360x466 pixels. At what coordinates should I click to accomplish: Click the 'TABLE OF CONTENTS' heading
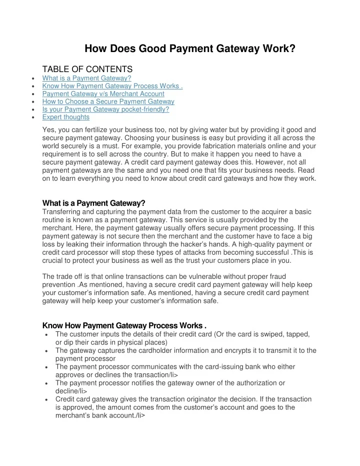pos(87,69)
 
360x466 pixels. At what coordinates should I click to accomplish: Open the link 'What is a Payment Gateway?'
pos(86,78)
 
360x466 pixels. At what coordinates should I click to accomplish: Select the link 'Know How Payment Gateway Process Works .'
pos(112,86)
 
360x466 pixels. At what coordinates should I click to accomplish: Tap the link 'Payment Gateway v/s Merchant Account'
pos(103,94)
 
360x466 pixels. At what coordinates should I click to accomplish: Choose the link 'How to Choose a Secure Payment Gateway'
pos(108,102)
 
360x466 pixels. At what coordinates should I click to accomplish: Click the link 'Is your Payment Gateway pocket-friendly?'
pos(105,109)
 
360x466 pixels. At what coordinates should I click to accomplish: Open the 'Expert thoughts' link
pos(66,117)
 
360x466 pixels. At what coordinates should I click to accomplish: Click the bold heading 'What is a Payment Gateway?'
pos(93,203)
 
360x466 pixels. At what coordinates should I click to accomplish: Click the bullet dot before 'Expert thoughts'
pos(32,118)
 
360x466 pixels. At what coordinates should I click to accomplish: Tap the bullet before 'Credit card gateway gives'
pos(46,400)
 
